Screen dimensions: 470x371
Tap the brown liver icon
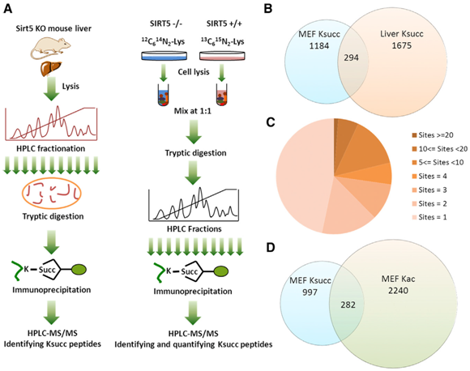pos(51,68)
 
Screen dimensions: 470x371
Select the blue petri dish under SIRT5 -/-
pos(164,56)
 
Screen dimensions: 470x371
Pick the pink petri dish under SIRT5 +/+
pos(222,56)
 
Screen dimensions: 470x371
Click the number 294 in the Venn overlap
pos(352,58)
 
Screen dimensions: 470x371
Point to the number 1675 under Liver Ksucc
pos(402,46)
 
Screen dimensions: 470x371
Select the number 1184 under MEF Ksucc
pos(319,46)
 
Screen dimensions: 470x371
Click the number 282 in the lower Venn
pos(348,305)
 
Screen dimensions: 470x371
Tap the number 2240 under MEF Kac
pos(398,290)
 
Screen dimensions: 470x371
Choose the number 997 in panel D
pos(310,292)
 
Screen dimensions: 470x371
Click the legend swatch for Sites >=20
pos(415,135)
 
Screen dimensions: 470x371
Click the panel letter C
pos(271,122)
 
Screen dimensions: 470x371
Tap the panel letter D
pos(270,248)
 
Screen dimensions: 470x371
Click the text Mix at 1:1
pos(193,111)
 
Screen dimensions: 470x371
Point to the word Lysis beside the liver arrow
pos(70,87)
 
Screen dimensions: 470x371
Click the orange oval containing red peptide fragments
pos(51,194)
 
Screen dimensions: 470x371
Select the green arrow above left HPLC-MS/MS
pos(52,312)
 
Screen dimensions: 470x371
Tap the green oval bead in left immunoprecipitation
pos(79,269)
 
